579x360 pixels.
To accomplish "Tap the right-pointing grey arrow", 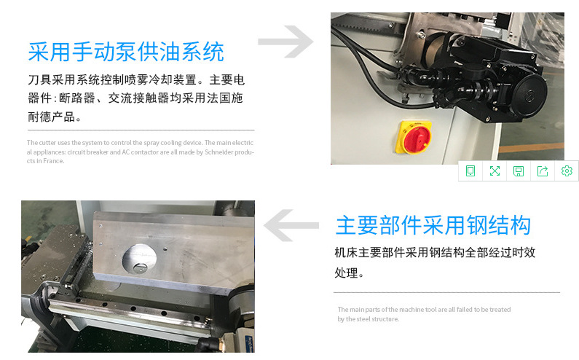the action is point(285,42).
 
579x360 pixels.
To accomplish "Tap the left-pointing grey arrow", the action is point(291,225).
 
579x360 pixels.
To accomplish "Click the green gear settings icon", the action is point(567,171).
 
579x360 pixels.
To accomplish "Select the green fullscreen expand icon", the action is point(495,171).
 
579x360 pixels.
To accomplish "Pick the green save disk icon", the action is point(519,171).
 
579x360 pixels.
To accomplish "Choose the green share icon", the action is point(543,171).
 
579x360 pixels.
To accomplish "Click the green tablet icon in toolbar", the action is point(470,171).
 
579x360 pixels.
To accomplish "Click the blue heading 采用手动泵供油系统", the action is point(126,52).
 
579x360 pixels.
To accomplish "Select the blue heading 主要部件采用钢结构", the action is point(433,225).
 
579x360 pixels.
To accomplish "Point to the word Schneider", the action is point(218,152).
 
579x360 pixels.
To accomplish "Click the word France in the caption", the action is point(53,161).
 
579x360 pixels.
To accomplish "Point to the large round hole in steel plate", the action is point(139,258).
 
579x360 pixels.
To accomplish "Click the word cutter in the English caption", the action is point(47,143).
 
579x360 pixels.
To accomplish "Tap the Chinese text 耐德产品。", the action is point(55,117).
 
